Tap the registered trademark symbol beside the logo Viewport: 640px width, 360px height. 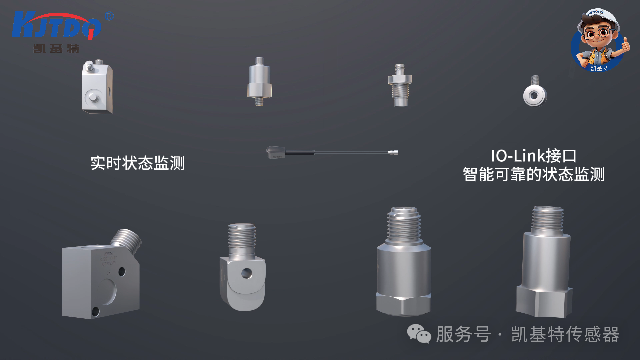click(x=109, y=16)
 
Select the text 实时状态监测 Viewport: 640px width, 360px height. click(x=137, y=163)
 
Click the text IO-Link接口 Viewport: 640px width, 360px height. click(x=533, y=156)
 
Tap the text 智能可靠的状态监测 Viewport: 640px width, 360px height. click(x=533, y=174)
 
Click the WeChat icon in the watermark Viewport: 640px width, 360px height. click(x=419, y=334)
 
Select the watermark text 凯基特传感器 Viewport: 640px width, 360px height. click(x=565, y=334)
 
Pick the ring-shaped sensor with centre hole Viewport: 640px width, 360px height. click(x=535, y=96)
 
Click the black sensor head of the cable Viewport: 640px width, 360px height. click(x=275, y=153)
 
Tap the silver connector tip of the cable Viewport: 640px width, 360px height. click(x=393, y=153)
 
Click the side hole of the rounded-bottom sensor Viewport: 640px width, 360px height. click(x=247, y=273)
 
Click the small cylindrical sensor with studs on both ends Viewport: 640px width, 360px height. click(x=259, y=82)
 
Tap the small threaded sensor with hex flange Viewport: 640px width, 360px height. click(x=400, y=85)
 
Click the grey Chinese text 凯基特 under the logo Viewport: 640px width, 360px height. click(x=56, y=49)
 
